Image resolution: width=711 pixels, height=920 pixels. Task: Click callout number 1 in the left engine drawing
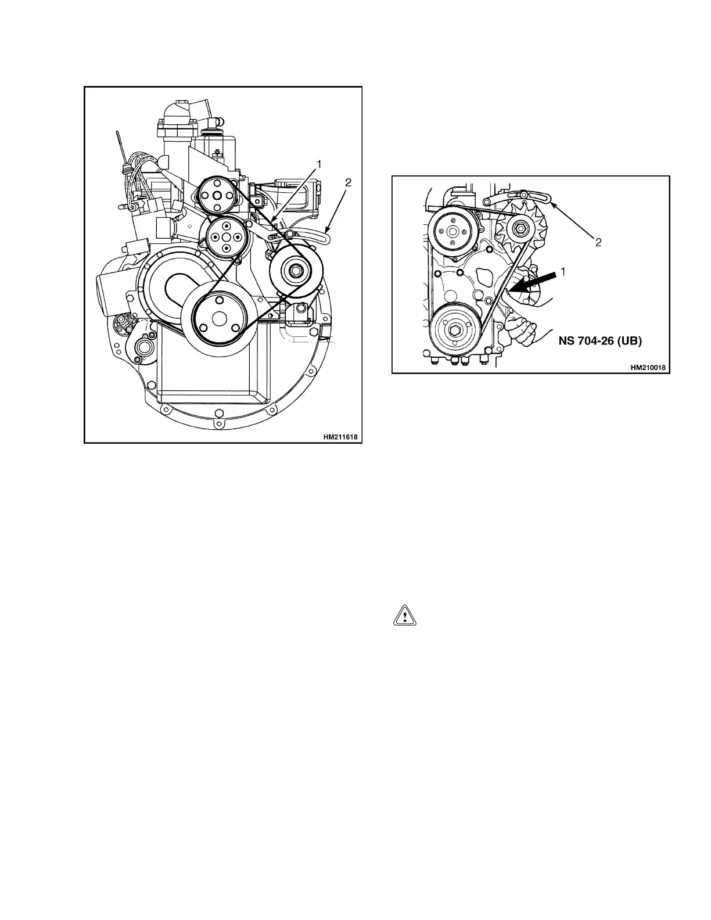319,165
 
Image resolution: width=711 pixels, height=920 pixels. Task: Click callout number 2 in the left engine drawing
348,182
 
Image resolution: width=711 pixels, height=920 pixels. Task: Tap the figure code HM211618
340,436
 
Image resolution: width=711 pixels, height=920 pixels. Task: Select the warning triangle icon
405,616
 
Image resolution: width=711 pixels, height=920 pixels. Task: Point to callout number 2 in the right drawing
598,243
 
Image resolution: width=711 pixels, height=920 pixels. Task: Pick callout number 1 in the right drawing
563,271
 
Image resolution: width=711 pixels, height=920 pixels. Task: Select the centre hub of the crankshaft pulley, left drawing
219,319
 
